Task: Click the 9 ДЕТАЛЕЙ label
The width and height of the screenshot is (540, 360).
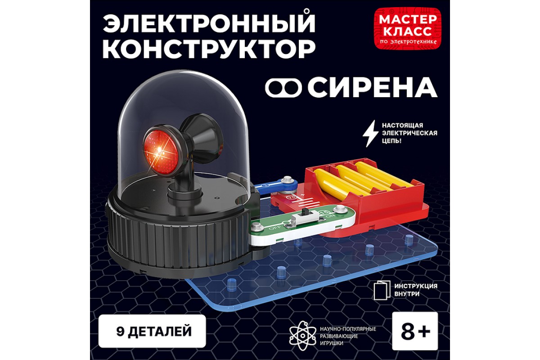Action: click(x=153, y=332)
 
